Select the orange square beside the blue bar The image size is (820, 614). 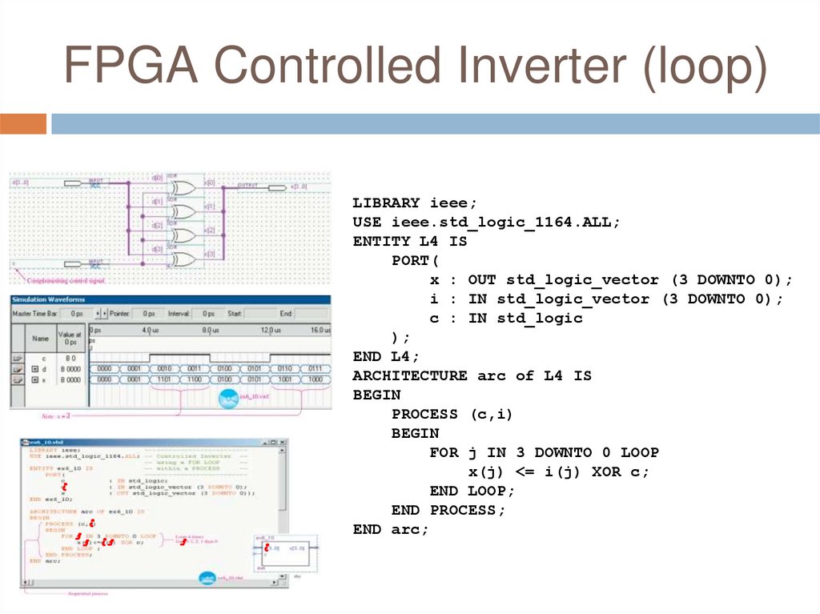[23, 124]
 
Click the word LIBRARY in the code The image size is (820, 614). [386, 203]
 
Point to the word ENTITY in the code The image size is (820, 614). [381, 242]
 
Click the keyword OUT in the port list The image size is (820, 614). [482, 280]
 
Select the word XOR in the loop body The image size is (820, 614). [607, 472]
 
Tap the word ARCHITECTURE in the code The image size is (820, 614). [410, 375]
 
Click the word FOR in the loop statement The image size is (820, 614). [444, 452]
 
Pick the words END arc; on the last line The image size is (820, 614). [391, 529]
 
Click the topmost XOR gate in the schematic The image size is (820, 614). [183, 188]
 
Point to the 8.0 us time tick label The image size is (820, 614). [211, 331]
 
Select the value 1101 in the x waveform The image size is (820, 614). [164, 379]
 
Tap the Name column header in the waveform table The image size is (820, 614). [40, 338]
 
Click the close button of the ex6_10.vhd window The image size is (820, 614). [283, 443]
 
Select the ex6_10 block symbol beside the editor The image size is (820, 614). [286, 552]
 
